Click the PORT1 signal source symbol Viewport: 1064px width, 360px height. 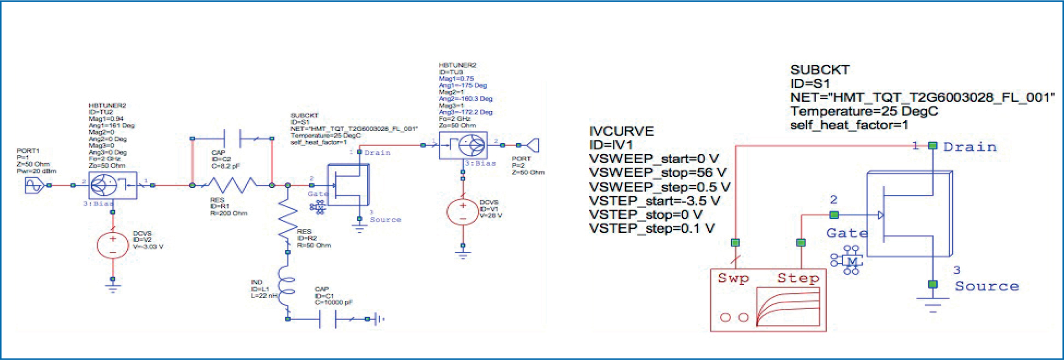[34, 185]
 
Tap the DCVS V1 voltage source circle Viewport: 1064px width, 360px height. [462, 212]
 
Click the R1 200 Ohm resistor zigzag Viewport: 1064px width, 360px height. [232, 185]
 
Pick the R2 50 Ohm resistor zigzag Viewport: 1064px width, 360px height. [288, 220]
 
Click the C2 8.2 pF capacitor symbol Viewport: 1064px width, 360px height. [232, 139]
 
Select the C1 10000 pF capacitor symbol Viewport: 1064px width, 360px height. [328, 319]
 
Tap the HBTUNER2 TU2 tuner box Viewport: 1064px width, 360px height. [113, 185]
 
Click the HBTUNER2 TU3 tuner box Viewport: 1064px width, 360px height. [463, 145]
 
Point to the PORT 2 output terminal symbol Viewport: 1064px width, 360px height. [533, 145]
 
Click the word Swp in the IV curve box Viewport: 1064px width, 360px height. [733, 278]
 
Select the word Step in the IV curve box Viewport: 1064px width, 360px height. [798, 278]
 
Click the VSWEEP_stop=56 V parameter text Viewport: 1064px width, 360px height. [658, 173]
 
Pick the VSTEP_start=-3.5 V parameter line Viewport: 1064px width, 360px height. [654, 201]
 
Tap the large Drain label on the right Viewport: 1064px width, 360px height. [969, 147]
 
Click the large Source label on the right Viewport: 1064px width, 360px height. [987, 286]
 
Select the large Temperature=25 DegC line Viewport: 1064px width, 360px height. [864, 111]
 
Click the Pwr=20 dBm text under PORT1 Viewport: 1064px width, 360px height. [36, 171]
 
